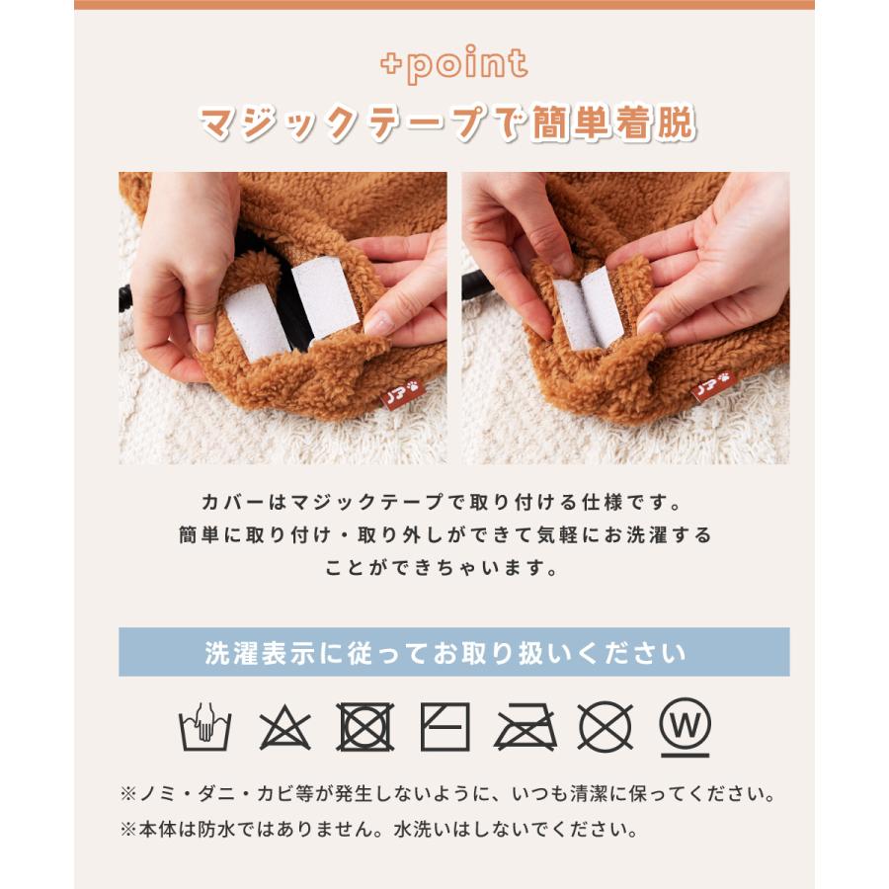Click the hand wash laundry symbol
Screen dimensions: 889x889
(x=204, y=729)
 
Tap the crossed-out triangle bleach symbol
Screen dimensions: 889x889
(x=285, y=729)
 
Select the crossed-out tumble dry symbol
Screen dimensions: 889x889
(x=365, y=728)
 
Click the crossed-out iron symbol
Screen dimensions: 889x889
(x=525, y=729)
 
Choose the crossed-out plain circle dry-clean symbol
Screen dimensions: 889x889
(x=606, y=728)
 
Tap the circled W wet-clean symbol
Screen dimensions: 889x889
(x=685, y=726)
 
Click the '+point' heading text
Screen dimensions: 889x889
(x=453, y=65)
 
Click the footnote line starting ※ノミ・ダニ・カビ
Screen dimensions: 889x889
(x=445, y=793)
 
